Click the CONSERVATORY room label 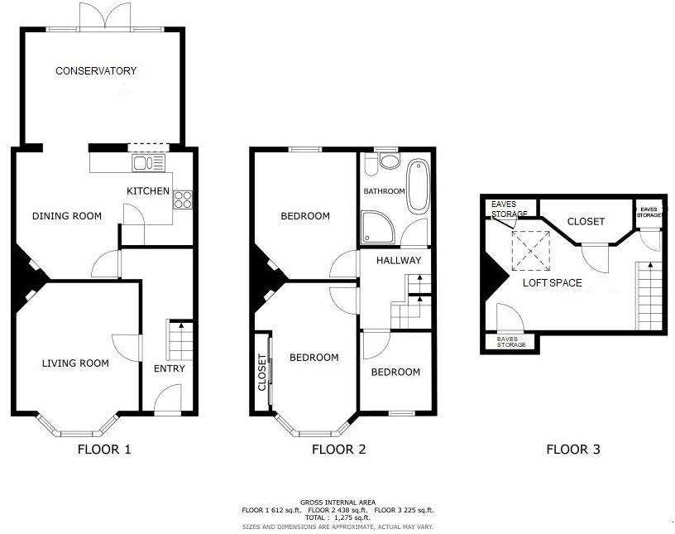(96, 71)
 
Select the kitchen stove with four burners (183, 199)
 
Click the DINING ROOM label (67, 216)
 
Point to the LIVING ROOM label (76, 363)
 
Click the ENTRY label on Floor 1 (170, 368)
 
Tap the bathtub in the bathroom (417, 186)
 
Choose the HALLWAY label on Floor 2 (399, 261)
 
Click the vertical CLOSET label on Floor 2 (263, 373)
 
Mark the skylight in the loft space (531, 250)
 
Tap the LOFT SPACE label (552, 283)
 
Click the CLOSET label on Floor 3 (586, 222)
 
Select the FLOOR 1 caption (104, 450)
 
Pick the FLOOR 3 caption (573, 450)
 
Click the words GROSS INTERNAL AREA (337, 503)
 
